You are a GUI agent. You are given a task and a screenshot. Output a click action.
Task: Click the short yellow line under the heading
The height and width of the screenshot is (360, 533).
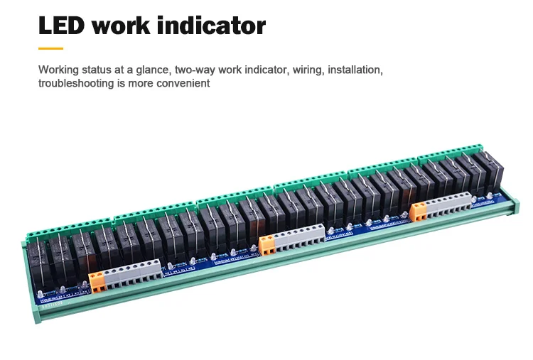pyautogui.click(x=50, y=48)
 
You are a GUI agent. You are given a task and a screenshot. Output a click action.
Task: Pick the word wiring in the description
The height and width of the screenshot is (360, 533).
pyautogui.click(x=308, y=70)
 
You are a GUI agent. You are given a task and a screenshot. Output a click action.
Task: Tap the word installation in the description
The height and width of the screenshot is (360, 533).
pyautogui.click(x=357, y=70)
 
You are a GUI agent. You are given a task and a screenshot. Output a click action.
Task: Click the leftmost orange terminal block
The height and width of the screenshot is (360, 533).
pyautogui.click(x=96, y=280)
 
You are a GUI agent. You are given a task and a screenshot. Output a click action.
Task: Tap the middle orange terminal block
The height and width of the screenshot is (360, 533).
pyautogui.click(x=267, y=245)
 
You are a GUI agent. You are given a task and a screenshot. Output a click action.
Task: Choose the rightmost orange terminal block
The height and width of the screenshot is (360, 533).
pyautogui.click(x=419, y=210)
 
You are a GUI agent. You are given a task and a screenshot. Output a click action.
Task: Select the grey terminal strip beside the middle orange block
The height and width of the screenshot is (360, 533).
pyautogui.click(x=299, y=237)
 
